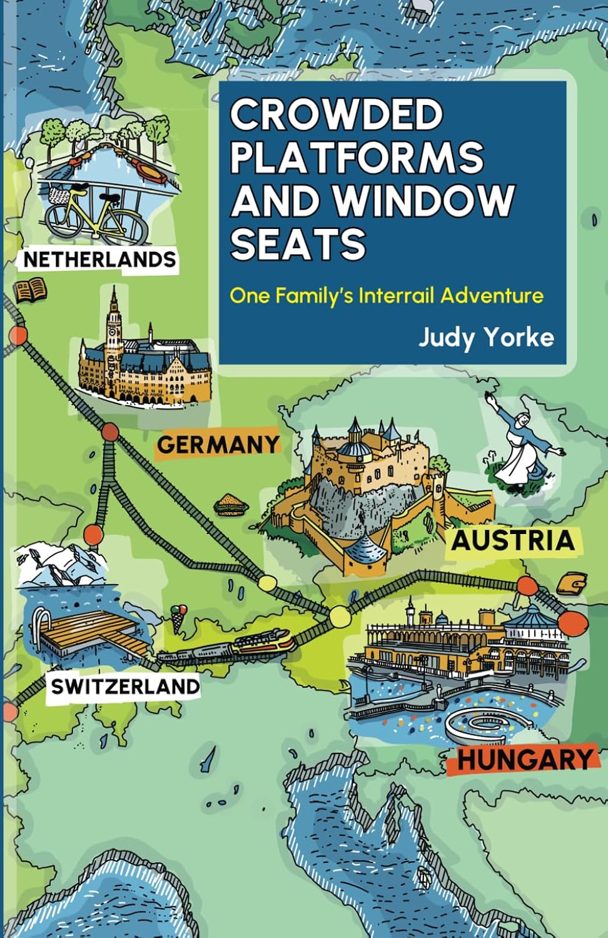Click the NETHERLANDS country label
99,259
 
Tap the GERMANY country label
218,445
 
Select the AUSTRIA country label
513,541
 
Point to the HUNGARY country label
524,760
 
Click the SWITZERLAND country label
125,686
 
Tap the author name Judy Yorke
486,338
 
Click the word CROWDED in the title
337,114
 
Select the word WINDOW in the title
423,200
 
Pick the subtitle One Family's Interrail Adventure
387,295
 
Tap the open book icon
30,290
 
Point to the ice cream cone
180,616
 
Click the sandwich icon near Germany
230,504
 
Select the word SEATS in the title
298,244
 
